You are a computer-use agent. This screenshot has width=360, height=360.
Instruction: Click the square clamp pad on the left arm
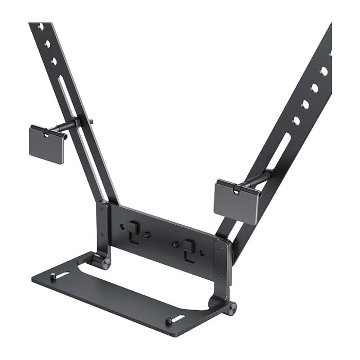pyautogui.click(x=46, y=145)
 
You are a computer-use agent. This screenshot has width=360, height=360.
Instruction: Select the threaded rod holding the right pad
pyautogui.click(x=255, y=179)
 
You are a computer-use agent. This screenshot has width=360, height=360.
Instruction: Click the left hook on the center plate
pyautogui.click(x=133, y=230)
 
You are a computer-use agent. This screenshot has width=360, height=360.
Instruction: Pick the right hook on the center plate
pyautogui.click(x=189, y=247)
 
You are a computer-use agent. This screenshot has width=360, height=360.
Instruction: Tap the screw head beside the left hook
pyautogui.click(x=147, y=235)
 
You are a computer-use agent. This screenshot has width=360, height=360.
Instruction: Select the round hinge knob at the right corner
pyautogui.click(x=231, y=309)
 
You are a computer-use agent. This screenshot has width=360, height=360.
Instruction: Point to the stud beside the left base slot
pyautogui.click(x=53, y=278)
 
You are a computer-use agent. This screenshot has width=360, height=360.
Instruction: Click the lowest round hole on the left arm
pyautogui.click(x=54, y=61)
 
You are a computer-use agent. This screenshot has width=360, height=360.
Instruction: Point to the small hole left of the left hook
pyautogui.click(x=122, y=226)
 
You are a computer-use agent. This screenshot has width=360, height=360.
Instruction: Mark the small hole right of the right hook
pyautogui.click(x=202, y=253)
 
